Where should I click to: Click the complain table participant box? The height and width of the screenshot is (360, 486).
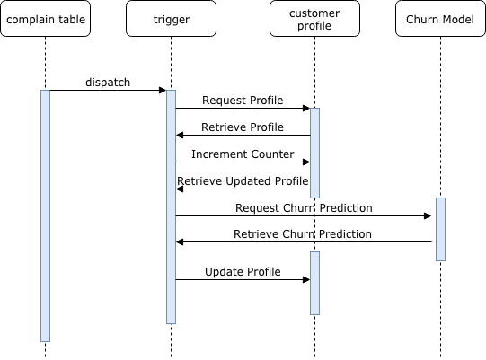pyautogui.click(x=45, y=19)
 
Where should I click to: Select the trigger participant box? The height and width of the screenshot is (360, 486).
pyautogui.click(x=171, y=19)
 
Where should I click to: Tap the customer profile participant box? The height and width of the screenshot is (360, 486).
pyautogui.click(x=314, y=19)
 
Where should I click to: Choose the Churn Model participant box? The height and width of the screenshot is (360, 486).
pyautogui.click(x=440, y=19)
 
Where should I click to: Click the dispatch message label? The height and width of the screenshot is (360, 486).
pyautogui.click(x=108, y=83)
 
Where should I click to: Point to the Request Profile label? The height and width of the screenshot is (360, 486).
pyautogui.click(x=243, y=101)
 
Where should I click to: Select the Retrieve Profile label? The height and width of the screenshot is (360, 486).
pyautogui.click(x=243, y=127)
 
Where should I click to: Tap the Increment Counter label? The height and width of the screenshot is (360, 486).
pyautogui.click(x=243, y=154)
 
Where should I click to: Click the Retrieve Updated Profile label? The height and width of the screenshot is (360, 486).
pyautogui.click(x=243, y=181)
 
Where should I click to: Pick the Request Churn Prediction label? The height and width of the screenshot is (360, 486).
pyautogui.click(x=304, y=208)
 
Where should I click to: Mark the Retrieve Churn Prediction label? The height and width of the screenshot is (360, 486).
pyautogui.click(x=304, y=234)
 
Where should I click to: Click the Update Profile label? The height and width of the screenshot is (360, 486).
pyautogui.click(x=243, y=271)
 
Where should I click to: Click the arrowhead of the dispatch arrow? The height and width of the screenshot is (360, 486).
pyautogui.click(x=163, y=90)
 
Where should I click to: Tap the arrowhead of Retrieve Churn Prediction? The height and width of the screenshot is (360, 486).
pyautogui.click(x=180, y=242)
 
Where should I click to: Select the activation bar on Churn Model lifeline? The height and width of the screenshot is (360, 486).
pyautogui.click(x=440, y=229)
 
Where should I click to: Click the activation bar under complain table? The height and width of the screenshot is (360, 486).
pyautogui.click(x=45, y=215)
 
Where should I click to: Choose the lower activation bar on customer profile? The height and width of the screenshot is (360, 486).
pyautogui.click(x=314, y=283)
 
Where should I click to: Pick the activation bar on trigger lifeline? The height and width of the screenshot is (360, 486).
pyautogui.click(x=171, y=206)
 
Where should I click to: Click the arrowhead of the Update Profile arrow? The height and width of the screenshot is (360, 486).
pyautogui.click(x=306, y=279)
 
